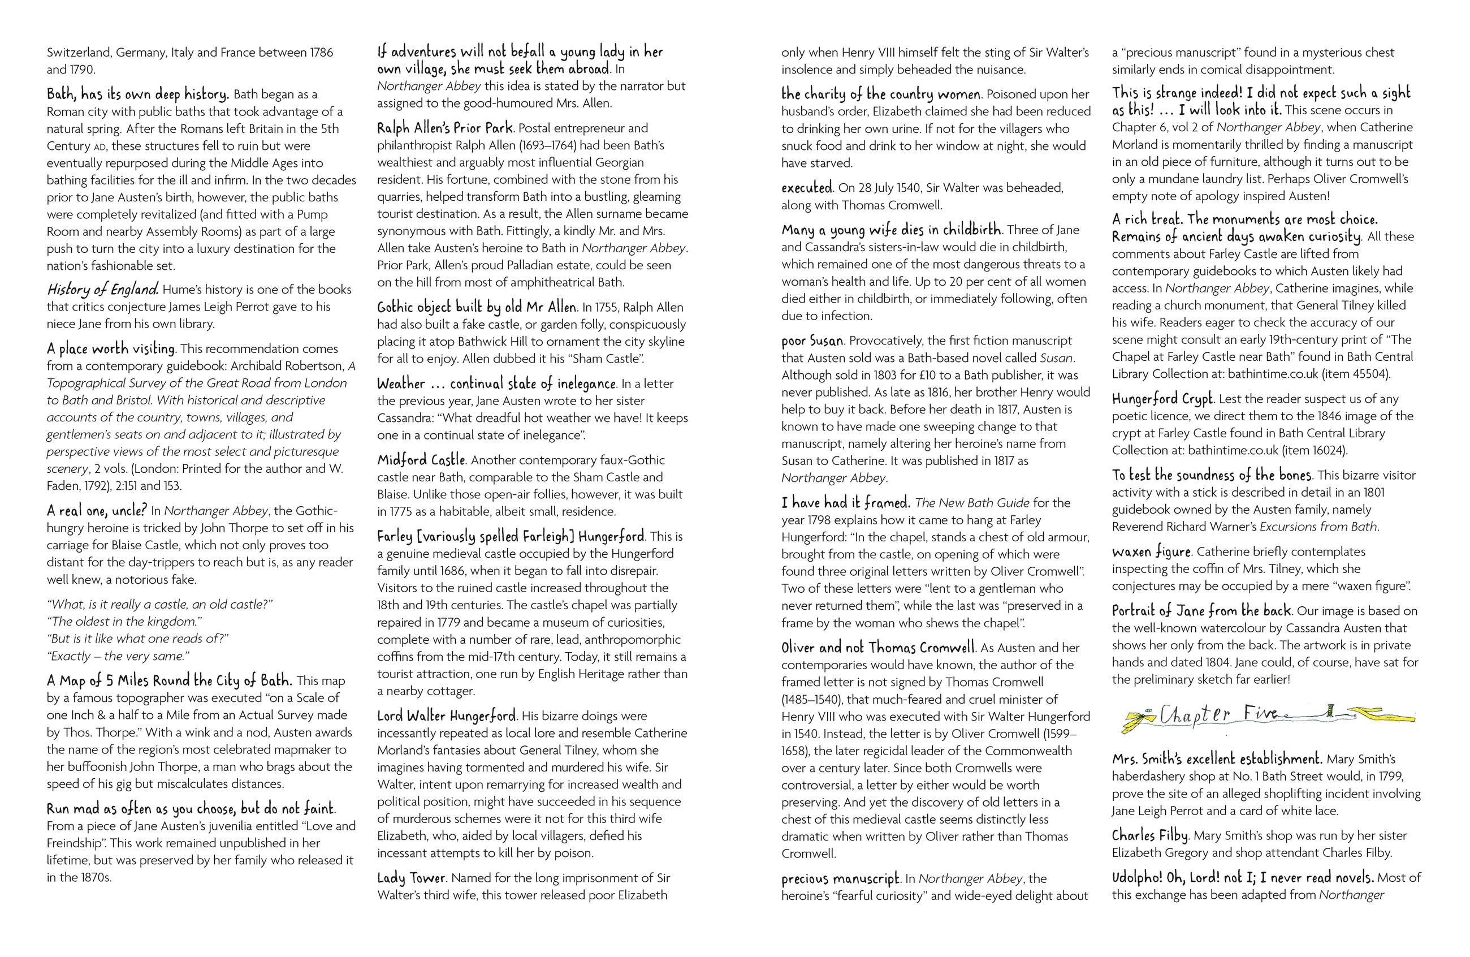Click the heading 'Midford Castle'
coord(421,460)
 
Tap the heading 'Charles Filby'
coord(1149,835)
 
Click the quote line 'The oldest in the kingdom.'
coord(124,622)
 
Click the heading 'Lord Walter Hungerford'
coord(446,716)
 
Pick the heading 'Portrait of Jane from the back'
coord(1201,611)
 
